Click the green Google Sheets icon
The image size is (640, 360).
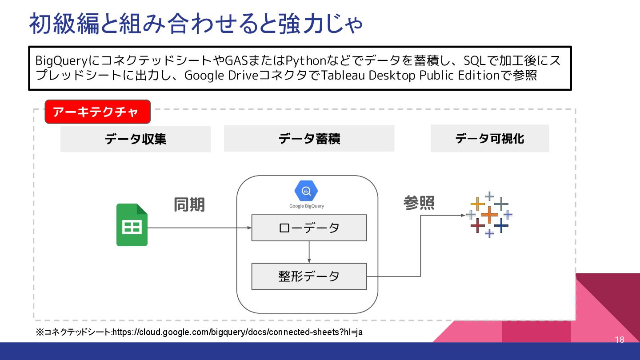pyautogui.click(x=132, y=225)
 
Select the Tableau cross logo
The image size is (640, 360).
pyautogui.click(x=489, y=215)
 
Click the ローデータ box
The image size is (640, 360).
pyautogui.click(x=309, y=228)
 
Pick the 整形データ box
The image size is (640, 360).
pyautogui.click(x=309, y=276)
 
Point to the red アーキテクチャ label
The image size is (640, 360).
pyautogui.click(x=98, y=112)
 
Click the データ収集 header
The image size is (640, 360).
pyautogui.click(x=136, y=139)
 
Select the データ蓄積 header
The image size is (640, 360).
pyautogui.click(x=309, y=139)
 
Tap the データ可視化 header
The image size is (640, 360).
pyautogui.click(x=490, y=139)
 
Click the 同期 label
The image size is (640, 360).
pyautogui.click(x=189, y=205)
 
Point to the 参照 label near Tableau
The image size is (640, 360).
pyautogui.click(x=419, y=203)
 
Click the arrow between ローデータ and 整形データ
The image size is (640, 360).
pyautogui.click(x=309, y=252)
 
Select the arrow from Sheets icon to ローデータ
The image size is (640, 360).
pyautogui.click(x=200, y=228)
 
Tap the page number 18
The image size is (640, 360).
pyautogui.click(x=620, y=340)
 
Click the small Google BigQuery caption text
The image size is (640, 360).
pyautogui.click(x=307, y=206)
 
